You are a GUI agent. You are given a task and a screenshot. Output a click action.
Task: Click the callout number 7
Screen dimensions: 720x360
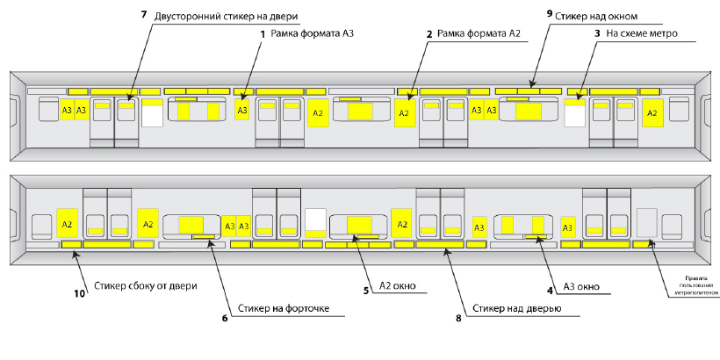point(144,14)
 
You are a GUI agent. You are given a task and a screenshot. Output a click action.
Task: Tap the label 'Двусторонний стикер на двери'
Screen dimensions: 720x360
point(227,17)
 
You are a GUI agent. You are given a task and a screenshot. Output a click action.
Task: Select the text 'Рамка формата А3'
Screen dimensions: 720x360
point(313,33)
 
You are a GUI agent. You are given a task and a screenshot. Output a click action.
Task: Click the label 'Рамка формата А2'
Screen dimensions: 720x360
point(479,33)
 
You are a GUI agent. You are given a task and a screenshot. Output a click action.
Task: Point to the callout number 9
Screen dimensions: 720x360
point(550,13)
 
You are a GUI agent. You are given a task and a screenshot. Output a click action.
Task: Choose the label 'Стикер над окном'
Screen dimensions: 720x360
point(596,16)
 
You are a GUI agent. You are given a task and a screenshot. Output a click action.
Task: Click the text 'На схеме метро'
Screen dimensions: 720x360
point(642,33)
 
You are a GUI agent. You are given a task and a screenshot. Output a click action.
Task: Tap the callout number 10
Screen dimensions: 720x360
point(79,293)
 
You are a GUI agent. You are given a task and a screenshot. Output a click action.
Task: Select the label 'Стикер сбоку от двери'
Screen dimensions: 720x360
point(146,285)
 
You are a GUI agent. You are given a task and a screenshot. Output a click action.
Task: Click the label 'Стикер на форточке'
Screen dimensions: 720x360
point(284,307)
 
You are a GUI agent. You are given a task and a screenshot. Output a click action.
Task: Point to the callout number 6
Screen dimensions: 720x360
point(225,318)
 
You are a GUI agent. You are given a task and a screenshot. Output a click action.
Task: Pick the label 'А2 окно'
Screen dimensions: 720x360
point(397,285)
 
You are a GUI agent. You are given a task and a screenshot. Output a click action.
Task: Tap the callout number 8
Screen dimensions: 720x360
point(458,318)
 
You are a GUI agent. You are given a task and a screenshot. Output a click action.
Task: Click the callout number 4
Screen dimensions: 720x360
point(550,291)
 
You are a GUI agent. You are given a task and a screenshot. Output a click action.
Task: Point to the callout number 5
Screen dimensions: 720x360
point(366,291)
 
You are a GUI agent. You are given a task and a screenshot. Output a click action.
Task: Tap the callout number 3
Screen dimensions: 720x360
point(597,33)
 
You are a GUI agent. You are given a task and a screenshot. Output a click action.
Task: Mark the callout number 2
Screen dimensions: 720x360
point(429,34)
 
